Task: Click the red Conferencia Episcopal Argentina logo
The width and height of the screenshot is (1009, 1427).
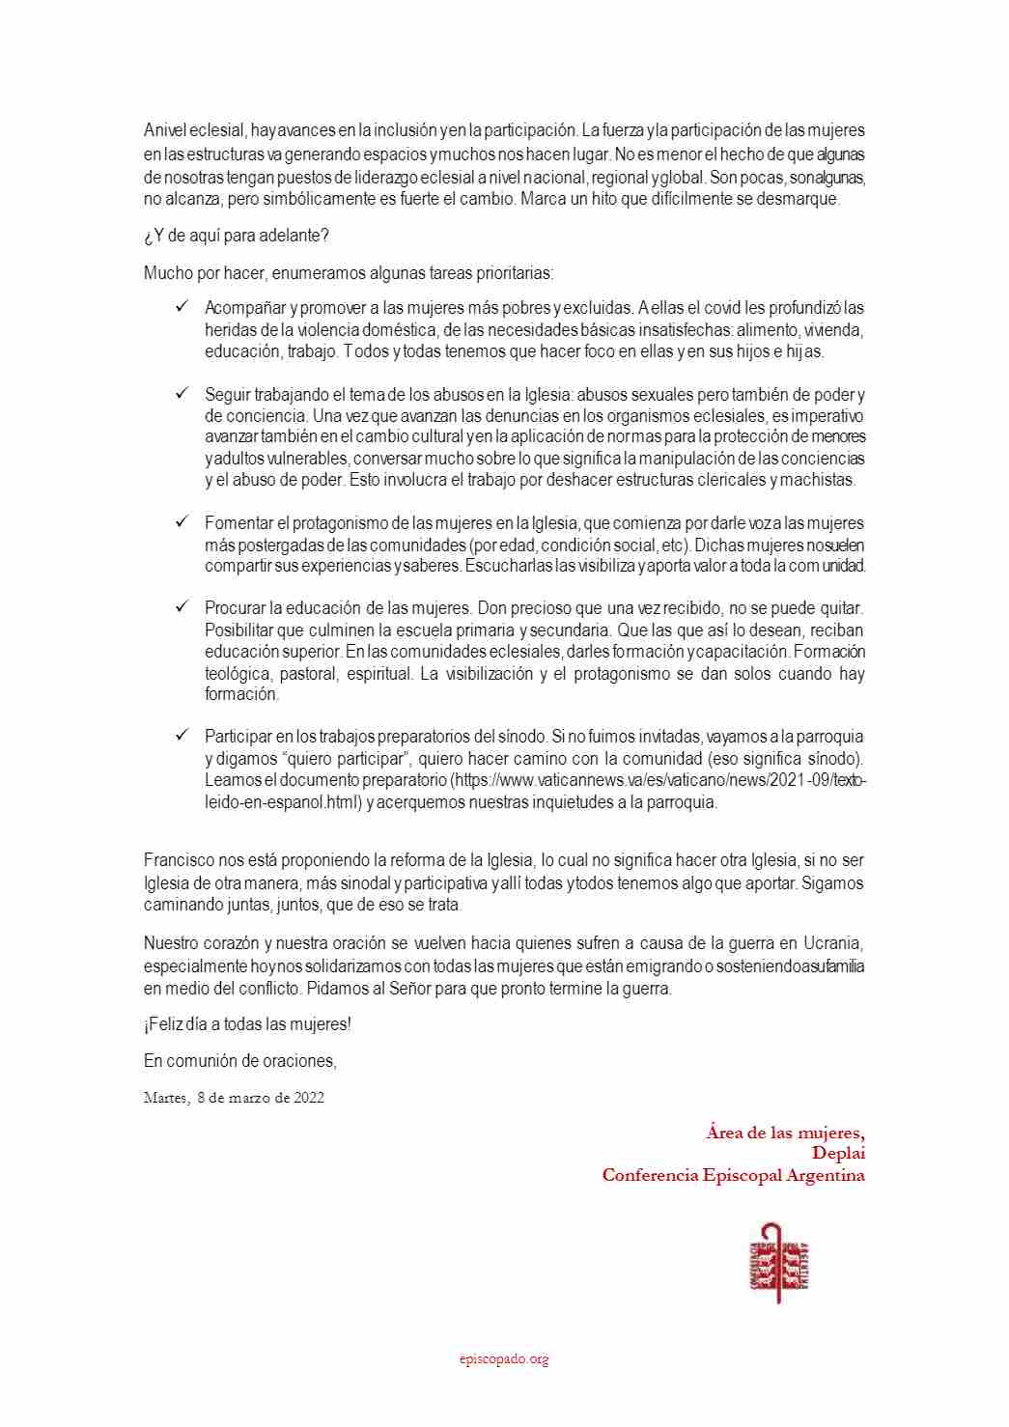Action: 778,1262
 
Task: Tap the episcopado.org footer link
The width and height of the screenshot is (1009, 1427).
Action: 504,1358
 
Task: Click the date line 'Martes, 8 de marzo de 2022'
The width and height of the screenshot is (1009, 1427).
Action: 234,1098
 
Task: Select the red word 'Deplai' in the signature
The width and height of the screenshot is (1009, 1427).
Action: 838,1153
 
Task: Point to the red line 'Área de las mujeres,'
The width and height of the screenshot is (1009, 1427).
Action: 785,1132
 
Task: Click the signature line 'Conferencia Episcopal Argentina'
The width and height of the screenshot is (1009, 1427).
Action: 733,1175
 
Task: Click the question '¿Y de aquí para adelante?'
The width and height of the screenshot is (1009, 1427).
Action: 237,236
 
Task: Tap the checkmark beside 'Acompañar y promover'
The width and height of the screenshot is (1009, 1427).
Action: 181,307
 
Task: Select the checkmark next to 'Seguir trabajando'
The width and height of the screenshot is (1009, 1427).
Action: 181,394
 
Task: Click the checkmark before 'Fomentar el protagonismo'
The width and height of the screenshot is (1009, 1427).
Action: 181,522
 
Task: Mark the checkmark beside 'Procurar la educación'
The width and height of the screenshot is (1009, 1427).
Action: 181,607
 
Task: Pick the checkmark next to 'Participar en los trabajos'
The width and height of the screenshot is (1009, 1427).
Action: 181,736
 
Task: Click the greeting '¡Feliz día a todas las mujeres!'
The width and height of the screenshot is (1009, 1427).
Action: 247,1023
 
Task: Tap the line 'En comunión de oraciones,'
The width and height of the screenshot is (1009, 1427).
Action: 239,1060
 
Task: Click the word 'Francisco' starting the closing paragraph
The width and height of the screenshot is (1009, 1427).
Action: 179,860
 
